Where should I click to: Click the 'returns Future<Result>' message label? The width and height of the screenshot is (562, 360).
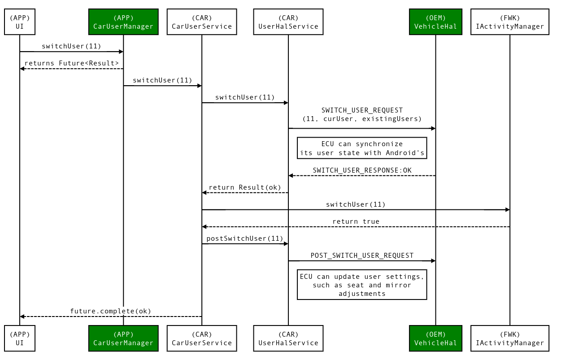pos(72,63)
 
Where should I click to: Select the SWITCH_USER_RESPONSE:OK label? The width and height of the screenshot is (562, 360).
pos(362,170)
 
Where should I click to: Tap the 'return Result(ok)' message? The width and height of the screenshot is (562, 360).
pos(245,187)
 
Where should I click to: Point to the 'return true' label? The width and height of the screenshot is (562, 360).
pos(356,221)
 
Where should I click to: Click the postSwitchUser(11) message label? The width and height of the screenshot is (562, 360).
pos(245,238)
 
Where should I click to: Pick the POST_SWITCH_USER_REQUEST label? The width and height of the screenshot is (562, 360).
pos(362,255)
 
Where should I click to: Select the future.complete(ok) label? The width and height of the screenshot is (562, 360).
pos(111,311)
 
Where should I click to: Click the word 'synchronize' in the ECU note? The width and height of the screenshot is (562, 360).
pos(379,144)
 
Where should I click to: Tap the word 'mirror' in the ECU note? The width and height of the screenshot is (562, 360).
pos(398,285)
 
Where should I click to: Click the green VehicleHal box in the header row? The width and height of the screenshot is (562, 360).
pos(436,22)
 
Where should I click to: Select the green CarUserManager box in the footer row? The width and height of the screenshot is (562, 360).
pos(123,338)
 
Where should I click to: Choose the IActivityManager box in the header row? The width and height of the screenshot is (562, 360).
pos(510,22)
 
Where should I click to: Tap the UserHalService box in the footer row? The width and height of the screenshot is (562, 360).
pos(288,338)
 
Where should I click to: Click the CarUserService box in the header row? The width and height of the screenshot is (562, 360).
pos(202,22)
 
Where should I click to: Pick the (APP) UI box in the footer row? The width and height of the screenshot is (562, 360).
pos(20,338)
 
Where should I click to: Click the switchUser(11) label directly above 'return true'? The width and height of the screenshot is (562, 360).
pos(356,204)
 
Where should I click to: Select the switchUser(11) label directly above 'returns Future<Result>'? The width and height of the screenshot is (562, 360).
pos(72,46)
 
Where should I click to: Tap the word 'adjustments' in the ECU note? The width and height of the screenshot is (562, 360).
pos(362,294)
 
